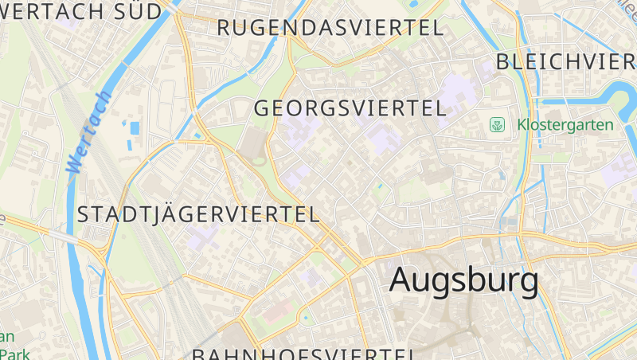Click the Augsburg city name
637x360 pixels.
point(463,280)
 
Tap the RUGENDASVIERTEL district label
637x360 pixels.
point(330,28)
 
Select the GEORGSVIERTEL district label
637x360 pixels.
point(350,108)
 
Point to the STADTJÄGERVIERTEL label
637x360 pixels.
point(198,213)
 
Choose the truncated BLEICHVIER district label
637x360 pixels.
point(565,62)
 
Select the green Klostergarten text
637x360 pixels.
point(565,125)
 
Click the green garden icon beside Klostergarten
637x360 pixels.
point(498,125)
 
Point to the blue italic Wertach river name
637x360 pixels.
point(88,131)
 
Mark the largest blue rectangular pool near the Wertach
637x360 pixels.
point(135,127)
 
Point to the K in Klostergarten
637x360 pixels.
point(522,125)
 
